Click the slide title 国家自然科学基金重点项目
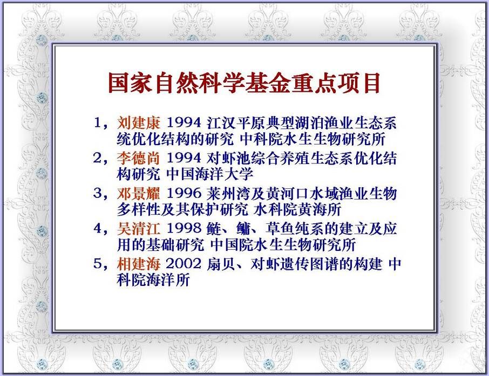pos(244,83)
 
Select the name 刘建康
pos(139,123)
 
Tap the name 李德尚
pos(139,158)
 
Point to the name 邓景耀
pos(139,193)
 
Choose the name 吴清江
pos(139,229)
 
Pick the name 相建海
pos(139,264)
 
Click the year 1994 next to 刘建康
pos(184,123)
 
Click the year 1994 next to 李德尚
pos(184,158)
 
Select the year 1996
pos(184,193)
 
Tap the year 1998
pos(184,229)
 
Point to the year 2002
pos(184,264)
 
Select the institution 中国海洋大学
pos(209,174)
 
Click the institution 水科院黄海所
pos(297,209)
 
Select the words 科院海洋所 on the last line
pos(153,279)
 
